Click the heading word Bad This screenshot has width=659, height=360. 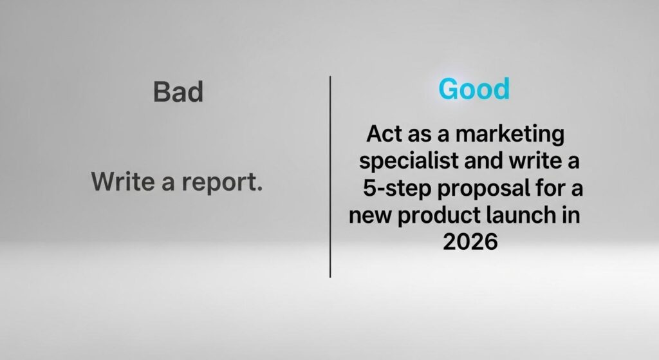(178, 91)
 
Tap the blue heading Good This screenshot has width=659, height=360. (474, 89)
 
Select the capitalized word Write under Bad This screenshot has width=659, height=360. (123, 181)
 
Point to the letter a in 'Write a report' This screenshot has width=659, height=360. (168, 184)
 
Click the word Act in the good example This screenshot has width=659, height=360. (382, 134)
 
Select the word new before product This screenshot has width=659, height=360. (370, 216)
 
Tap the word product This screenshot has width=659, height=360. (438, 216)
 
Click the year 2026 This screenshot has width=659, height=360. (470, 242)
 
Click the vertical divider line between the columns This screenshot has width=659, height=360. (330, 176)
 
